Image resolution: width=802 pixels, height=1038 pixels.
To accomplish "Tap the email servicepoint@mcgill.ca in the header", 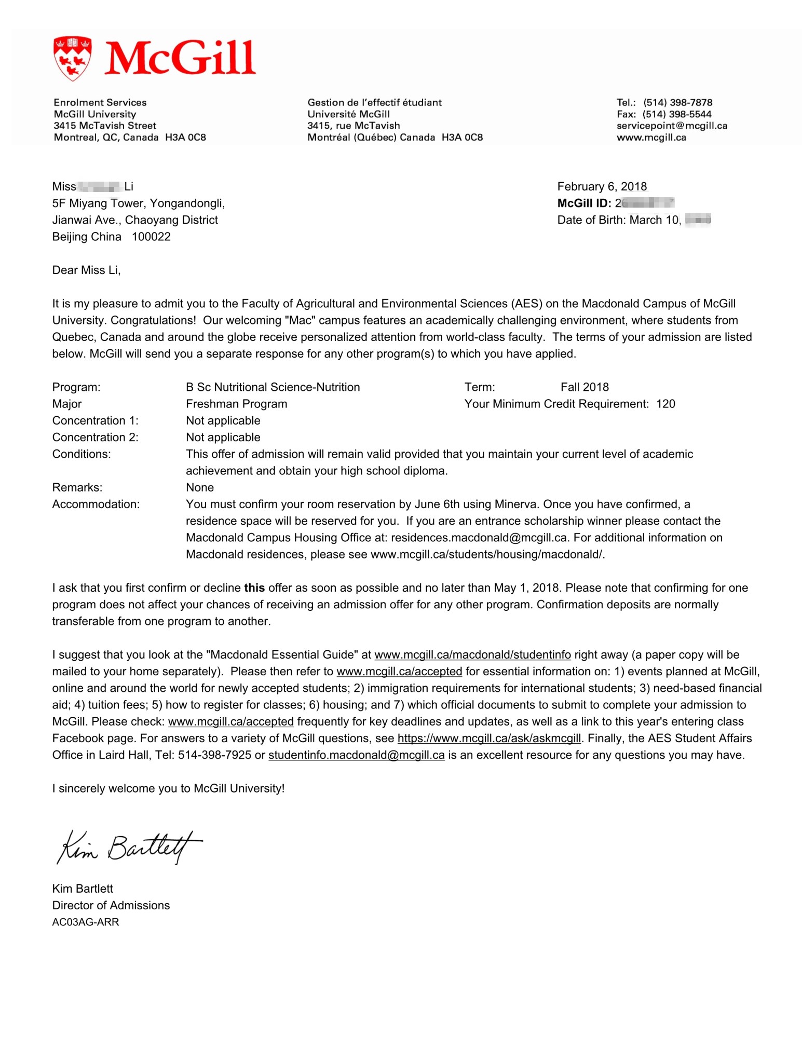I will pos(671,126).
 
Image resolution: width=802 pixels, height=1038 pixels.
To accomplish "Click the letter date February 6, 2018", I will pos(602,186).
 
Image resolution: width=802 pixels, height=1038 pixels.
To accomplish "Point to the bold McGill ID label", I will pos(583,203).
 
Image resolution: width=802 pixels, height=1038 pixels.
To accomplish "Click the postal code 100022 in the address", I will pos(151,237).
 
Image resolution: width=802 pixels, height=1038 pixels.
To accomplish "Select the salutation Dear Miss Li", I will pos(86,270).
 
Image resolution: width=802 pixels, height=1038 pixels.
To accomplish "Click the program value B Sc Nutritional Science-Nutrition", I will pos(273,387).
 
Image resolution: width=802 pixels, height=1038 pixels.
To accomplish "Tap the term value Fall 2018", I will pos(584,387).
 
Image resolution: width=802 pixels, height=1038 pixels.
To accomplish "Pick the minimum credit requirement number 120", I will pos(665,404).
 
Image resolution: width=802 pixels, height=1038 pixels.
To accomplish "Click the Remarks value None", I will pos(200,487).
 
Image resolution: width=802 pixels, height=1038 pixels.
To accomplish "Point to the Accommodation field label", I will pos(96,504).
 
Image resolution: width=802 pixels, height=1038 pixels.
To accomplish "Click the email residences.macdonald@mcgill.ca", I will pos(479,538).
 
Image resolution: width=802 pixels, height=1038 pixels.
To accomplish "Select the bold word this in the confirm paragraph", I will pos(254,588).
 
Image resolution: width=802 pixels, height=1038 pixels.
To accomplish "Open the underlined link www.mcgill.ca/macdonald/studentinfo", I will pos(472,655).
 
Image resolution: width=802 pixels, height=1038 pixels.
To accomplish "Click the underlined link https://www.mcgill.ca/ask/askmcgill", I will pos(488,739).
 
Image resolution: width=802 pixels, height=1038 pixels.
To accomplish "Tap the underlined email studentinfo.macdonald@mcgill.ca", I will pos(356,755).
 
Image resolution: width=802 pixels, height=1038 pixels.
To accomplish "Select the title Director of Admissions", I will pos(111,906).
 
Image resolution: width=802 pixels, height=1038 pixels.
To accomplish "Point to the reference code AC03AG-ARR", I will pos(85,922).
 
